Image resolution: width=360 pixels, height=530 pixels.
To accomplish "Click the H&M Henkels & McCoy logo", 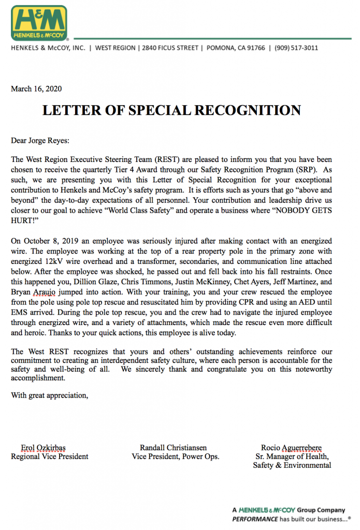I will click(40, 23).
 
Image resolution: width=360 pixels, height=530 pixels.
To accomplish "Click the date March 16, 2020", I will click(36, 89).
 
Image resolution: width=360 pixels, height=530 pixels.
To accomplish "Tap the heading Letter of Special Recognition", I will click(171, 110).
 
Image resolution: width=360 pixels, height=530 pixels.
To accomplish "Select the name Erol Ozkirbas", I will click(44, 448).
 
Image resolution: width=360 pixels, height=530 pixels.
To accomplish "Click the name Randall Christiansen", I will click(175, 448).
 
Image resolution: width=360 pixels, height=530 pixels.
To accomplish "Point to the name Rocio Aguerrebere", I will click(292, 448).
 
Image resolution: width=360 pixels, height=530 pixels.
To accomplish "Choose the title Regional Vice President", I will click(50, 457).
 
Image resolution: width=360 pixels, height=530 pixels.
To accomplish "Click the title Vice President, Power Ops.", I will click(176, 457).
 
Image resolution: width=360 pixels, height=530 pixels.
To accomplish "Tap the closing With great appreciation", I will click(50, 396).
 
